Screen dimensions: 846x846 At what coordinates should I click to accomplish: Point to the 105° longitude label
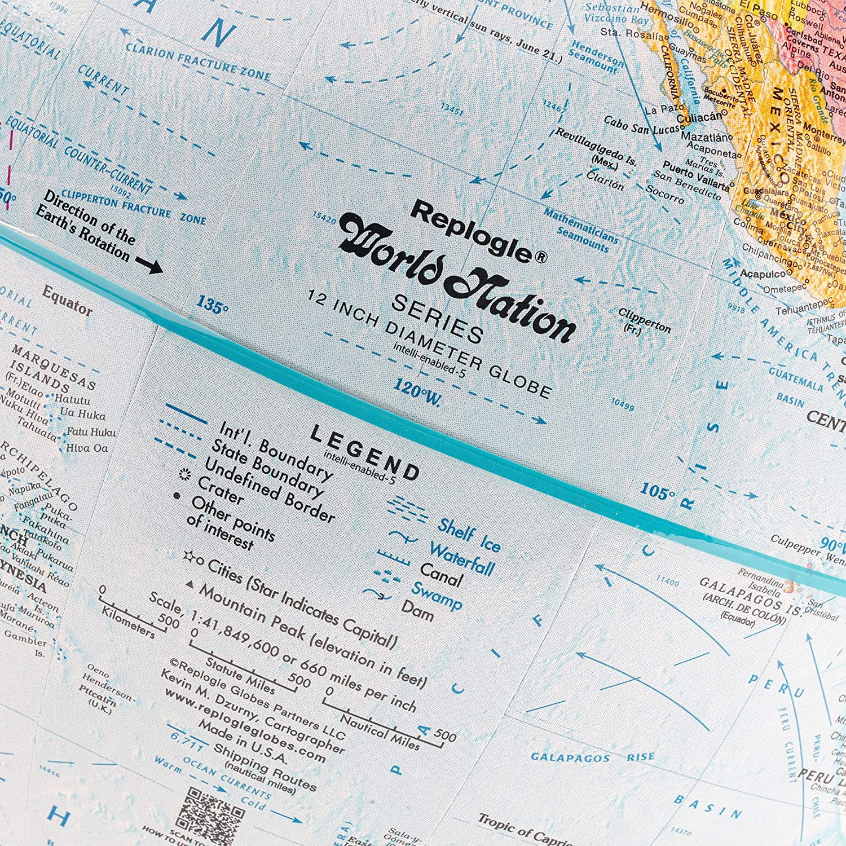[657, 492]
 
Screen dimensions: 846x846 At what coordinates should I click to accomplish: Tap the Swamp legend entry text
[436, 594]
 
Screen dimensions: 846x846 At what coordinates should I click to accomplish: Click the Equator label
[67, 300]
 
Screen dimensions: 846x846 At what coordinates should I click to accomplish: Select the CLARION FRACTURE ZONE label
[197, 61]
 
